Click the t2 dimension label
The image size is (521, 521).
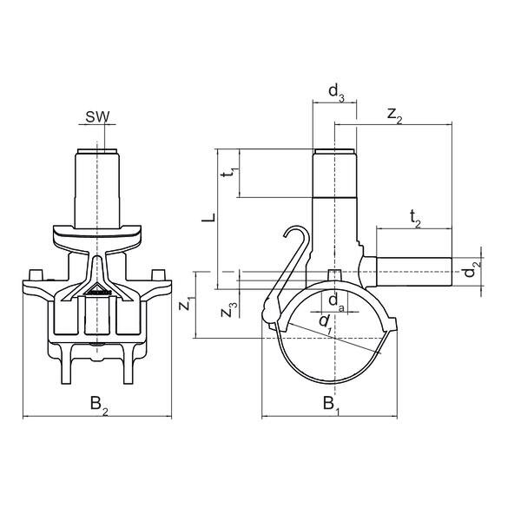coord(414,221)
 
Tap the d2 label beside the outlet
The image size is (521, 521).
coord(470,271)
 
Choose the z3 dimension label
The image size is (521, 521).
coord(227,309)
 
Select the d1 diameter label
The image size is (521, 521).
coord(325,322)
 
